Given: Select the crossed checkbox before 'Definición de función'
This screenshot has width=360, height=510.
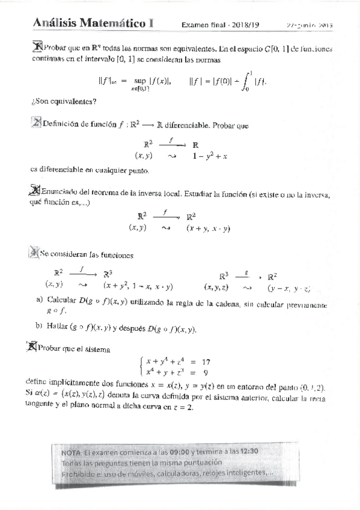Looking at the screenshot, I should (x=36, y=124).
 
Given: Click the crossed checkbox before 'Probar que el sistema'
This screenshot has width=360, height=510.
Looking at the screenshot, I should (x=32, y=347).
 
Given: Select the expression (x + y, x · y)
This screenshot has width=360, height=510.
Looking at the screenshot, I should (x=209, y=229).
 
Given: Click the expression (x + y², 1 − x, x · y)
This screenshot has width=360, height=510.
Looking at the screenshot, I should (x=138, y=286).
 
